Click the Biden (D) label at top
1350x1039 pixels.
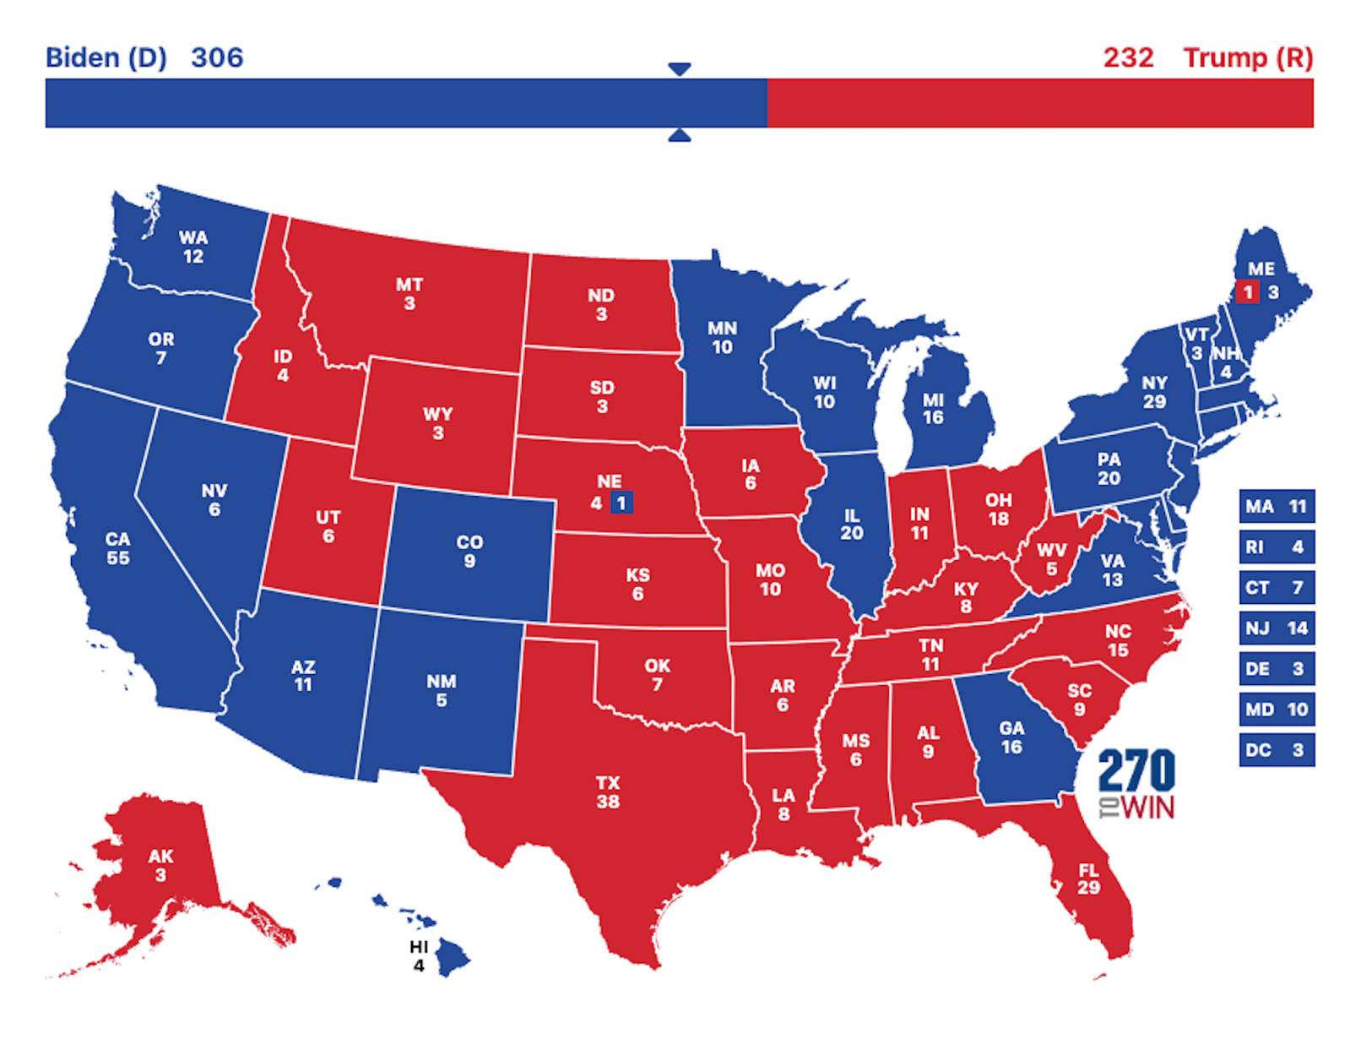point(106,57)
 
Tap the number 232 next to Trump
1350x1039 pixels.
point(1128,57)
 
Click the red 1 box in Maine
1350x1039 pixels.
point(1247,292)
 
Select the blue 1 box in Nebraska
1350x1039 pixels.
point(621,503)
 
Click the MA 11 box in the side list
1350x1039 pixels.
point(1276,507)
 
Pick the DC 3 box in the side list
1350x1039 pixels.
point(1276,750)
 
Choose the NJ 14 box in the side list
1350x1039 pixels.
point(1276,628)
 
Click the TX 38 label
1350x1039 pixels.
point(608,792)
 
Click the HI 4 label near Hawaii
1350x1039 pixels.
point(419,955)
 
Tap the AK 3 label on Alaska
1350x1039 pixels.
point(160,865)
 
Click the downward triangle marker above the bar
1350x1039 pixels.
point(680,68)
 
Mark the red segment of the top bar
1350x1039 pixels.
point(1038,103)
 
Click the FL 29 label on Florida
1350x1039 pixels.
point(1088,879)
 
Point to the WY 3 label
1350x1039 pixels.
point(437,423)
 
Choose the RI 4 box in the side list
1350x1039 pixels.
point(1276,547)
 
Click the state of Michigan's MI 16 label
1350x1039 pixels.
point(933,408)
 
